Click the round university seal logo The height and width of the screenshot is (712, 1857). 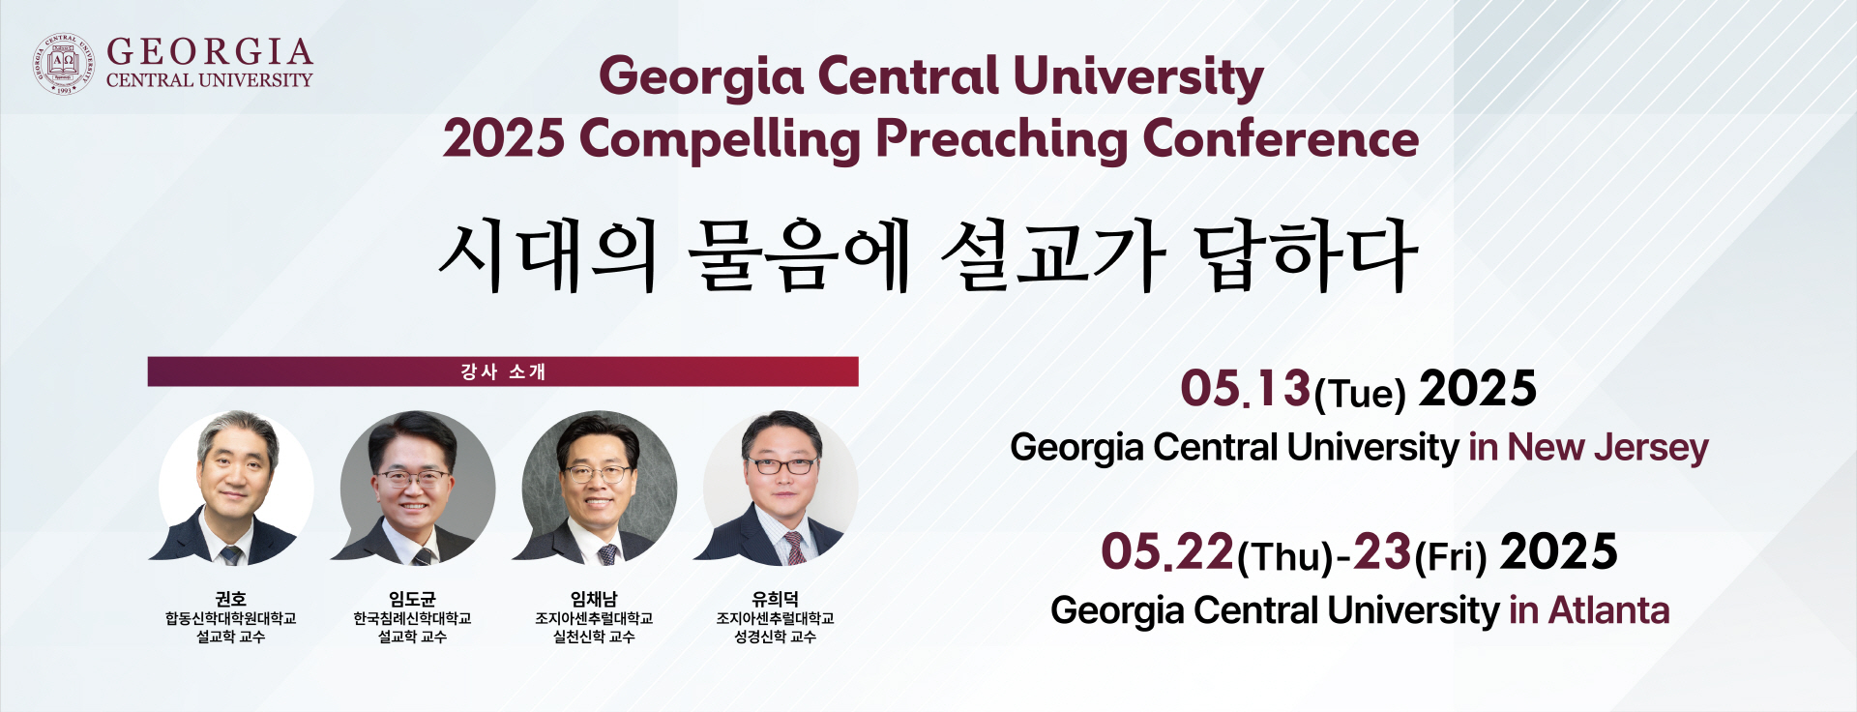64,64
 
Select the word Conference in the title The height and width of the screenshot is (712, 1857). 1281,138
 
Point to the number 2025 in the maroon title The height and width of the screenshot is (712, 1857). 504,139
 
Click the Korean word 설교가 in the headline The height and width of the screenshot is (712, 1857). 1053,255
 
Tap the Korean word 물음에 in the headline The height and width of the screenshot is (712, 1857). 800,255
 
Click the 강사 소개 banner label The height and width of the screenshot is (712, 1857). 503,371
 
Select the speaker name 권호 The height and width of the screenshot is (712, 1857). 231,599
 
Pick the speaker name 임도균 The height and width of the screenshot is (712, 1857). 412,599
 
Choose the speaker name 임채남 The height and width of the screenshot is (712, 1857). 594,599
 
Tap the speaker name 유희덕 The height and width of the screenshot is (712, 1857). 775,599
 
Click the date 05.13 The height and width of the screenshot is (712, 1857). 1245,389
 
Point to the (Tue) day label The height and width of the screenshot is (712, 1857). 1359,394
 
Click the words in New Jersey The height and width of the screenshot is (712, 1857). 1588,447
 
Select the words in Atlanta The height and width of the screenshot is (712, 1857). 1589,610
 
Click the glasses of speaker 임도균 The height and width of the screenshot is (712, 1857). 412,477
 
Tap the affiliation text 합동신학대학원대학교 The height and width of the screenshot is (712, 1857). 231,618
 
